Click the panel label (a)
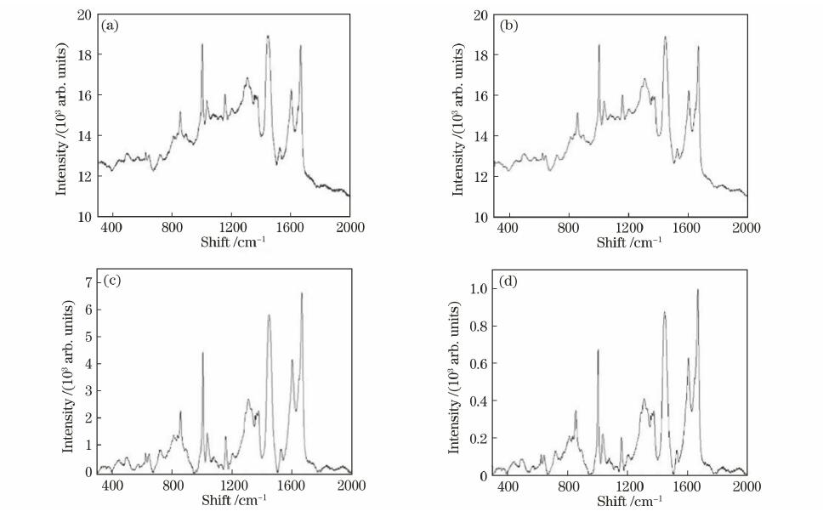click(110, 26)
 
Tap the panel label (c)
click(111, 281)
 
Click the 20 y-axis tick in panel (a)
click(83, 15)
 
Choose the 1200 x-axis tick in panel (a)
click(231, 228)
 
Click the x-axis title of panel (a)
click(224, 242)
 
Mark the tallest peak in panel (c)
click(302, 293)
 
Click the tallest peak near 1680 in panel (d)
click(698, 290)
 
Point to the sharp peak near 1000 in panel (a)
click(202, 44)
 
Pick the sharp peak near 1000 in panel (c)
click(202, 353)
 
